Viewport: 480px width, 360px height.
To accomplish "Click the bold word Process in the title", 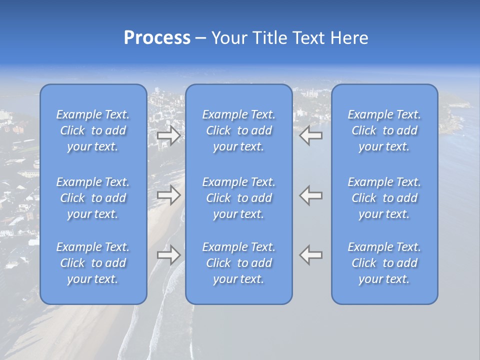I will click(x=157, y=38).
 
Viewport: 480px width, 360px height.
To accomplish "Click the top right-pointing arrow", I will click(x=168, y=135).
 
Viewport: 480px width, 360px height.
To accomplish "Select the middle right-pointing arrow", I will click(x=168, y=195).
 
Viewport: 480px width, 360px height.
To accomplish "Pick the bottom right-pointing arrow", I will click(x=168, y=255).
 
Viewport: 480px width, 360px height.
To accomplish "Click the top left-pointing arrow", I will click(x=311, y=135).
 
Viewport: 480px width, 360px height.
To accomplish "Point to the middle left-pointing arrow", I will click(x=311, y=195).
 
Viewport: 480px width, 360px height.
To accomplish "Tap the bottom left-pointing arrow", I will click(x=311, y=255).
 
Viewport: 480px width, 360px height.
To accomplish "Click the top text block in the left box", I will click(x=93, y=130).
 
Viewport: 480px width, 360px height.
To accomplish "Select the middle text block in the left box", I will click(x=93, y=198).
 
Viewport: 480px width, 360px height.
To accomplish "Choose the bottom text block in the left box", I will click(x=93, y=263).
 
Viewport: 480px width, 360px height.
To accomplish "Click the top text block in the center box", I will click(x=238, y=130).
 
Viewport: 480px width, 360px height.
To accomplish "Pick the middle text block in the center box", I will click(x=238, y=198).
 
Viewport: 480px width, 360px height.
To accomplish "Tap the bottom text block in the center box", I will click(x=238, y=263).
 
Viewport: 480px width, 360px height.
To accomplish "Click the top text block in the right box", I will click(x=384, y=130).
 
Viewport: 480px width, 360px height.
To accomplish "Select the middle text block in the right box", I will click(x=384, y=198).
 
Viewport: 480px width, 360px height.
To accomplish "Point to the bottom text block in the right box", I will click(x=384, y=263).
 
